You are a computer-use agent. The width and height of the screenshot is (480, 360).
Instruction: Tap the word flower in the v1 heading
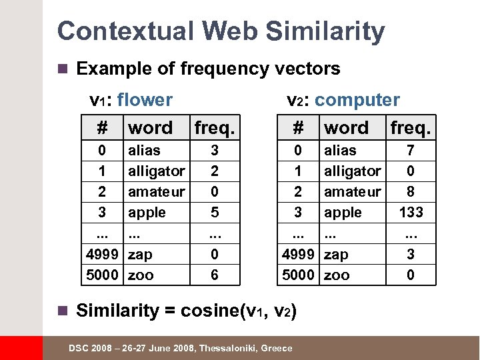pyautogui.click(x=144, y=100)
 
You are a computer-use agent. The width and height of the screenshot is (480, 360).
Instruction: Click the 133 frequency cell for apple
pyautogui.click(x=411, y=213)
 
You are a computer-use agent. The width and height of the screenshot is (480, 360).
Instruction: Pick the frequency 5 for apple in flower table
pyautogui.click(x=214, y=213)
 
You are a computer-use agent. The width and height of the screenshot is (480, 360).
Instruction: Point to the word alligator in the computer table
pyautogui.click(x=352, y=171)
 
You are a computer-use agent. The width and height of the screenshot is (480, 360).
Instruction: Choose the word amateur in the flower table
pyautogui.click(x=156, y=192)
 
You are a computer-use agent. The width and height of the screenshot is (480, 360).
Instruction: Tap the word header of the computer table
pyautogui.click(x=346, y=127)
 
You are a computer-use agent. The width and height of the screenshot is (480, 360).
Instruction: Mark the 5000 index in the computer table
pyautogui.click(x=298, y=275)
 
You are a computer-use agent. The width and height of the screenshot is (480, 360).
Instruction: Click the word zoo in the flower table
pyautogui.click(x=141, y=275)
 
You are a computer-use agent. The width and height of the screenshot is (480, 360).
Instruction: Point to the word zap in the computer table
pyautogui.click(x=336, y=254)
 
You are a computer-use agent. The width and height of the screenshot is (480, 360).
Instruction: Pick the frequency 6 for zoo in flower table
pyautogui.click(x=214, y=275)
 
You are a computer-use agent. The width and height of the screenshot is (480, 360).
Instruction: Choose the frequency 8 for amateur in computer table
pyautogui.click(x=411, y=192)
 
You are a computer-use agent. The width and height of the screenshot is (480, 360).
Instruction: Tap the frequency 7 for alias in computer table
pyautogui.click(x=411, y=151)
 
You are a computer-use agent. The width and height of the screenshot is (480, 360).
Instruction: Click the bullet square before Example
pyautogui.click(x=63, y=69)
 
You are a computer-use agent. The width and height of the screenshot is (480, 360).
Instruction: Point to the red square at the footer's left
pyautogui.click(x=21, y=348)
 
